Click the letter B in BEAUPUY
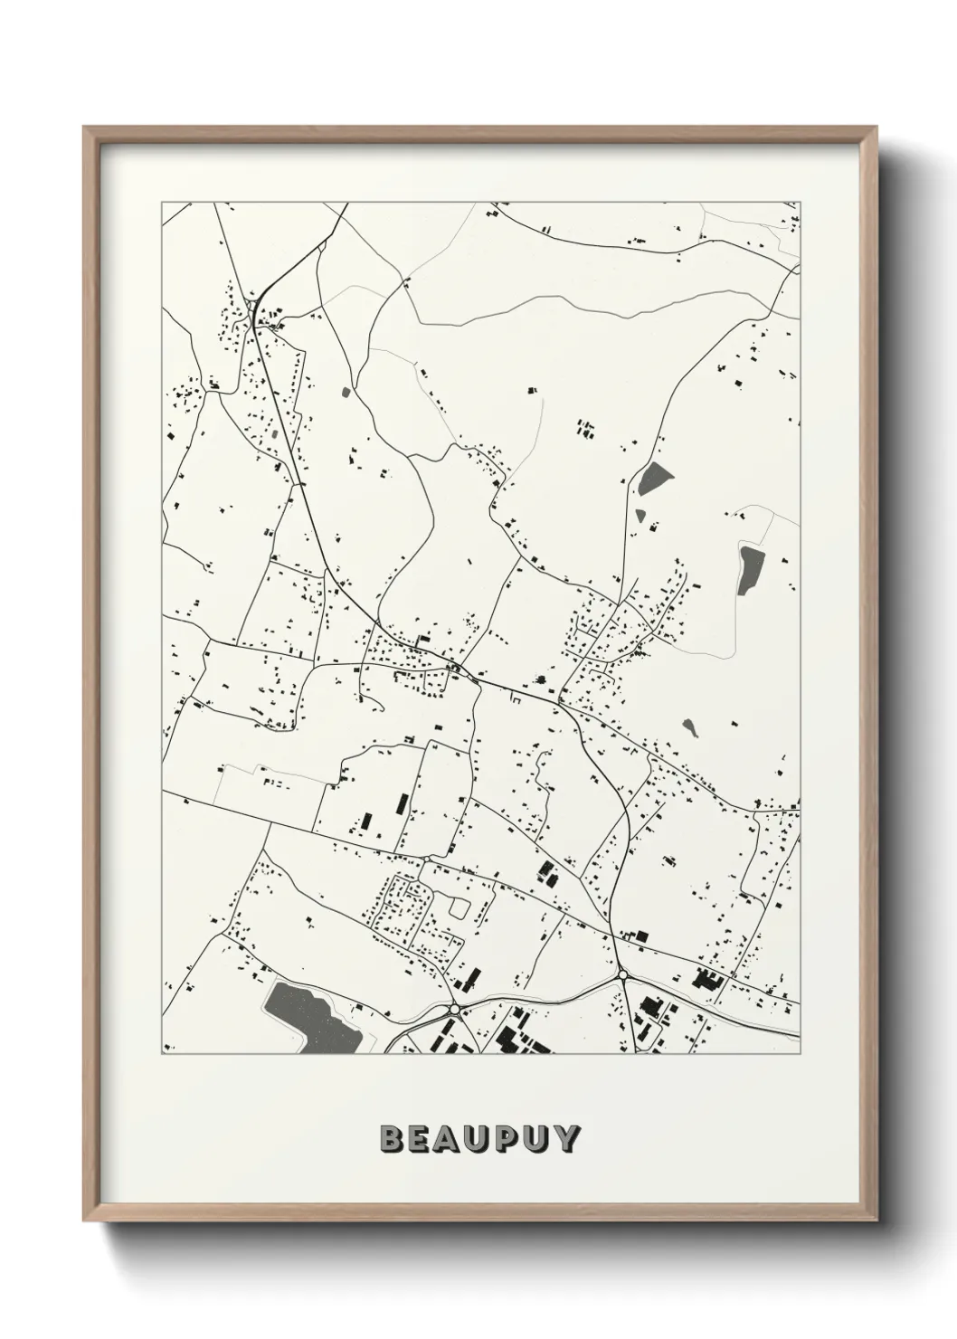(x=392, y=1138)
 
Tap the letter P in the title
(x=502, y=1138)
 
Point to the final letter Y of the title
(x=566, y=1138)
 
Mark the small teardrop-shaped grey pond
(x=690, y=726)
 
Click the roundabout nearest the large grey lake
(x=453, y=1007)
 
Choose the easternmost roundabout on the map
(x=622, y=974)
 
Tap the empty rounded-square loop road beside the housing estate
(x=461, y=906)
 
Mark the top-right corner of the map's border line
(x=800, y=202)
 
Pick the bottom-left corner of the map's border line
(x=162, y=1053)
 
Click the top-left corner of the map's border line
(x=162, y=202)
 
